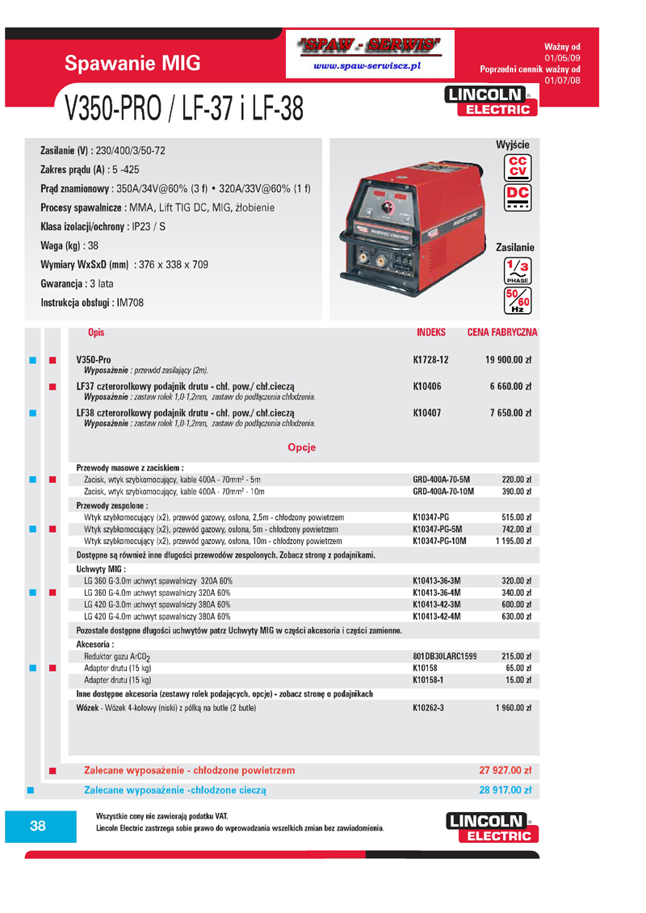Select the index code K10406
click(427, 387)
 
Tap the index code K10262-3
click(428, 707)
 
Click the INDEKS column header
click(431, 333)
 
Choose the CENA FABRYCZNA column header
click(502, 333)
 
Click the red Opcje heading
click(301, 447)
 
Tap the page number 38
click(38, 825)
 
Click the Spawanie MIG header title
click(132, 64)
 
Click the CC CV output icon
click(516, 165)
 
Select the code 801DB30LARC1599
click(444, 656)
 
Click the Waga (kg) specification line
click(69, 245)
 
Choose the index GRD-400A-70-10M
click(443, 491)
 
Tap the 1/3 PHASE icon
click(516, 269)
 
